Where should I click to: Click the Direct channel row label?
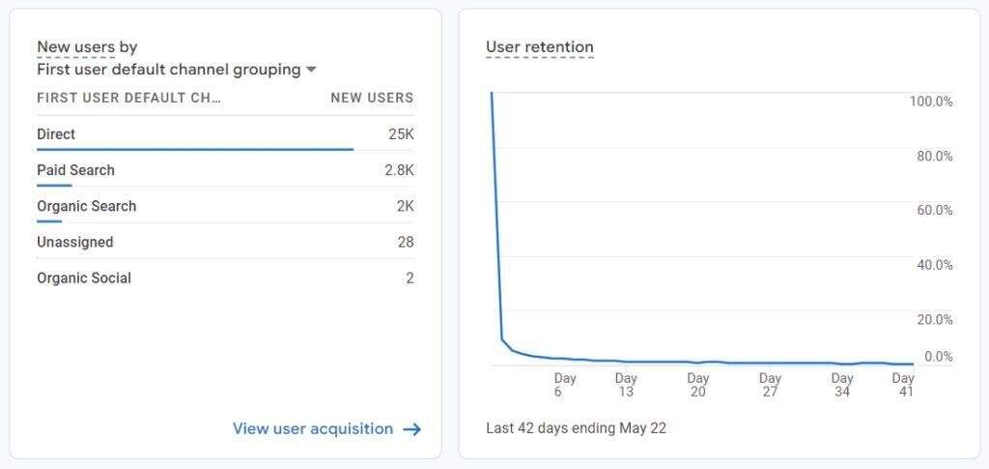pyautogui.click(x=56, y=134)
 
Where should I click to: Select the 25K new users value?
pyautogui.click(x=401, y=134)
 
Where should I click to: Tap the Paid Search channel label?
pyautogui.click(x=75, y=170)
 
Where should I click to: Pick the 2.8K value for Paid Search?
pyautogui.click(x=399, y=170)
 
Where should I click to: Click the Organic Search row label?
pyautogui.click(x=86, y=206)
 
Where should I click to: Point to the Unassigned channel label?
pyautogui.click(x=74, y=242)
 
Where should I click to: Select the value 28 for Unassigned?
pyautogui.click(x=406, y=242)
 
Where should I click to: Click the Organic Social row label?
pyautogui.click(x=84, y=278)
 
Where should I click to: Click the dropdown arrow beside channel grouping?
pyautogui.click(x=311, y=70)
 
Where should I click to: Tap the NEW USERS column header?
pyautogui.click(x=372, y=98)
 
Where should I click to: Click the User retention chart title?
pyautogui.click(x=540, y=47)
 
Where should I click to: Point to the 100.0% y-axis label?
pyautogui.click(x=931, y=102)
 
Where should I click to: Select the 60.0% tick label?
pyautogui.click(x=934, y=210)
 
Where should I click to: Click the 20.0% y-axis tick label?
pyautogui.click(x=934, y=319)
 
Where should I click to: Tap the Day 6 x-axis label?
pyautogui.click(x=565, y=385)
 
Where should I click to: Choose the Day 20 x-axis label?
pyautogui.click(x=698, y=385)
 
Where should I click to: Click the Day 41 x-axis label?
pyautogui.click(x=903, y=385)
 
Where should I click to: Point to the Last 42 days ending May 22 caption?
pyautogui.click(x=576, y=427)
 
